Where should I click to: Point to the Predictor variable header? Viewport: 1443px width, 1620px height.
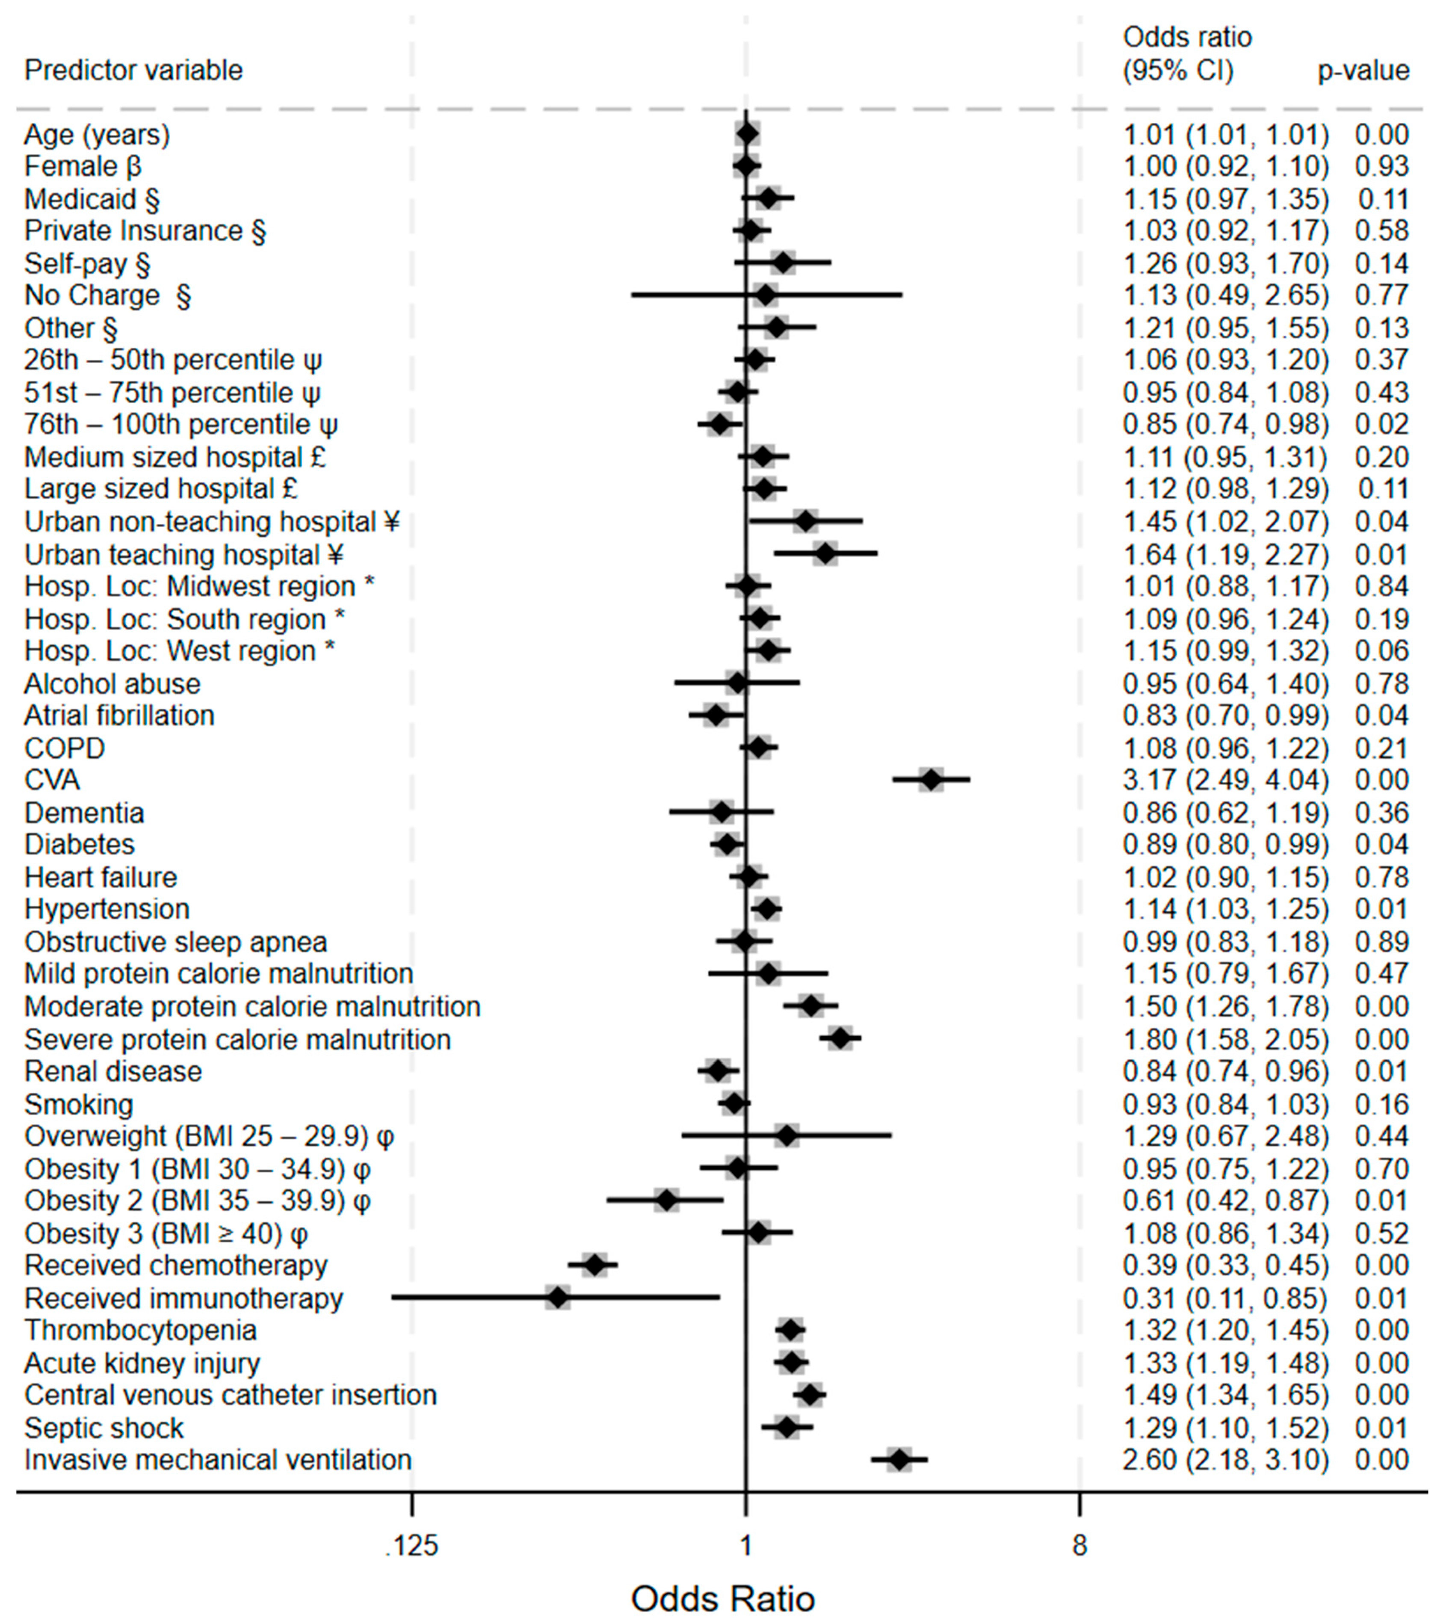[x=133, y=71]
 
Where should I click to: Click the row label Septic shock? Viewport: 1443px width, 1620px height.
[x=104, y=1428]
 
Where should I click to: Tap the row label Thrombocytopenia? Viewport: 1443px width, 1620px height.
[x=140, y=1330]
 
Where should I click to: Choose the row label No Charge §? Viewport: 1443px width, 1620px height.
[x=107, y=295]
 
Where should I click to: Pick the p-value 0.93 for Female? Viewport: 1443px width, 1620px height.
[x=1381, y=166]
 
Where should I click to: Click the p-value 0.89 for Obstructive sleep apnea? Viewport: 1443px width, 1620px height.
[x=1381, y=942]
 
